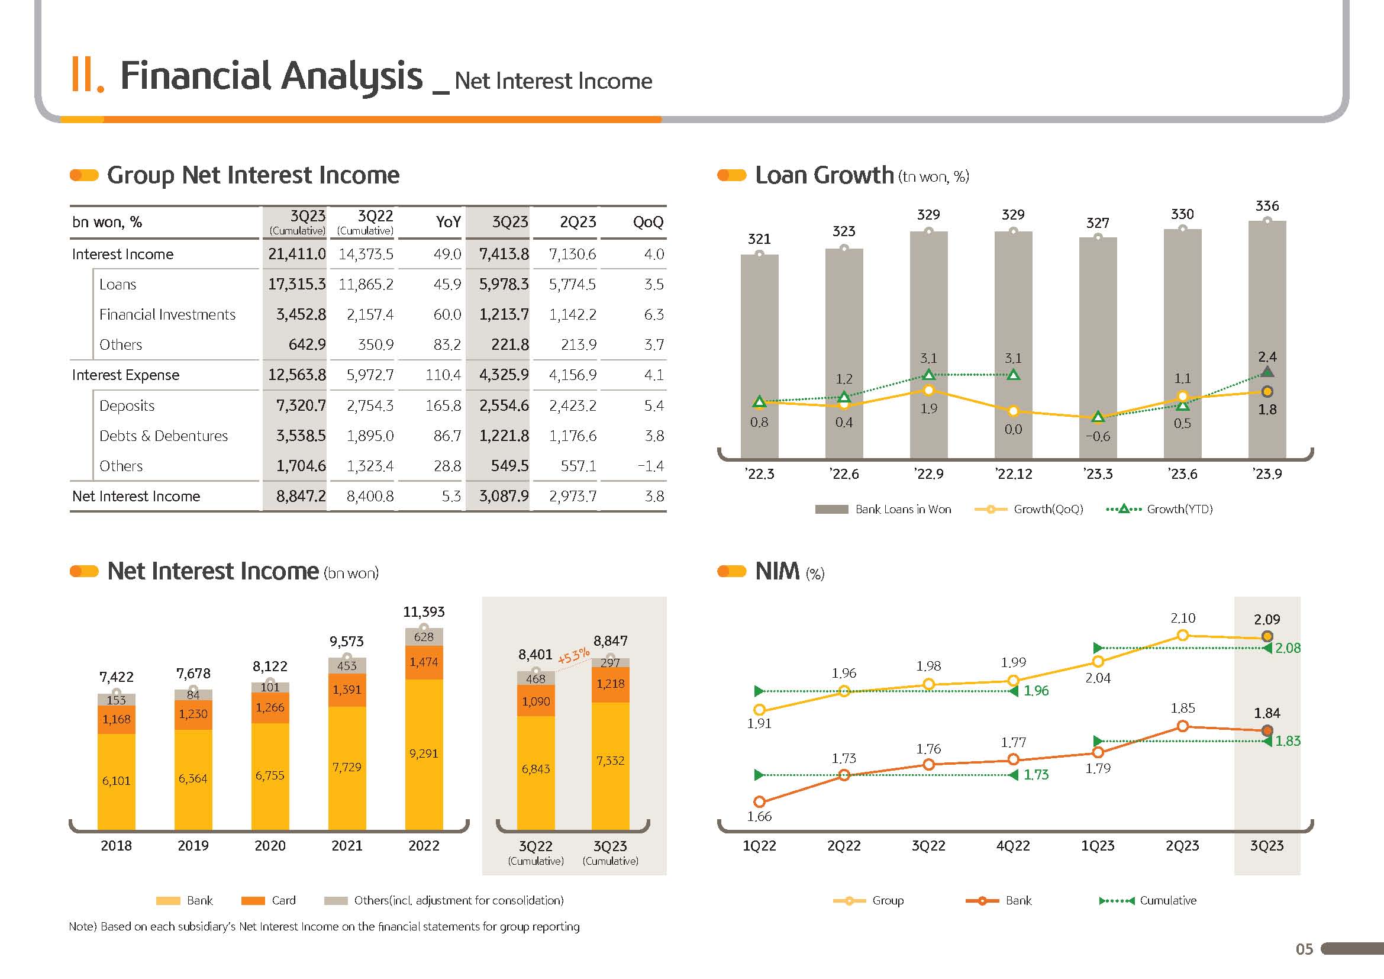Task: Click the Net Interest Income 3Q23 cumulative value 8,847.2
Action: (x=301, y=496)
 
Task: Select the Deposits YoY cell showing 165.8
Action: (x=443, y=405)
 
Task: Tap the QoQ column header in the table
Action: (x=648, y=223)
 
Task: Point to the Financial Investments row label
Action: (x=167, y=315)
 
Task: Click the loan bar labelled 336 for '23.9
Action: (x=1266, y=337)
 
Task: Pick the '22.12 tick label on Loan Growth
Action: (x=1013, y=475)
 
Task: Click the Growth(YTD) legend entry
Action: (x=1160, y=510)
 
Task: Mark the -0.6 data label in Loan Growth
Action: (x=1098, y=436)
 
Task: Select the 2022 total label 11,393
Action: (x=424, y=612)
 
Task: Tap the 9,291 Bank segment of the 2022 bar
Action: (x=424, y=753)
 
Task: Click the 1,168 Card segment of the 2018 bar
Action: (x=117, y=719)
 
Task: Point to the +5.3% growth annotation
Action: (x=573, y=656)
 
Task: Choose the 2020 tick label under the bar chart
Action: (x=270, y=846)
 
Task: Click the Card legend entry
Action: (x=269, y=901)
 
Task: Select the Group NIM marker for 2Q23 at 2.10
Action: (x=1183, y=635)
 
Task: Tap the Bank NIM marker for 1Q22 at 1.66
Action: (x=760, y=802)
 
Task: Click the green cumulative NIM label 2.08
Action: (x=1288, y=649)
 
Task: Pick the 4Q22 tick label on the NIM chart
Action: (x=1013, y=846)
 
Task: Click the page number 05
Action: (x=1304, y=949)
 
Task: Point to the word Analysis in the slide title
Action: (x=353, y=76)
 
